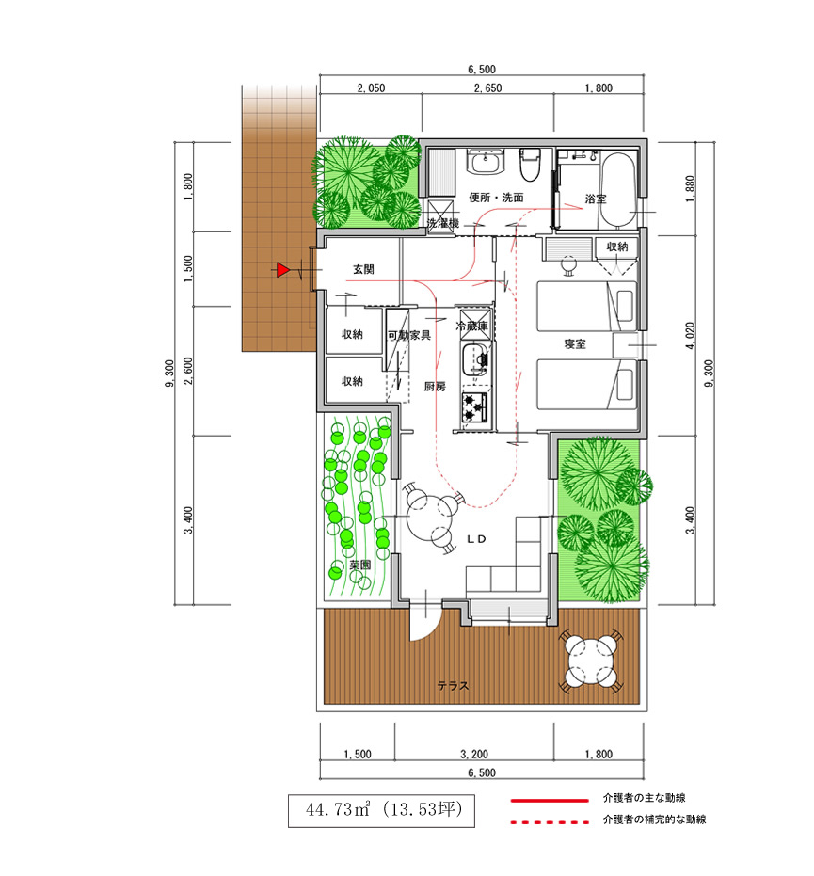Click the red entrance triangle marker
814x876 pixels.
(282, 270)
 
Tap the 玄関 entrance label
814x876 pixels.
(363, 269)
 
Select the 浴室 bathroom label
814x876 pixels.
(596, 199)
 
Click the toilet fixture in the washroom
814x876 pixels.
(530, 165)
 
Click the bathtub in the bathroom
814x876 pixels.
(617, 189)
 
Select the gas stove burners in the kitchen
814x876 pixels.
(474, 407)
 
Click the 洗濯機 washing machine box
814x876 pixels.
(442, 221)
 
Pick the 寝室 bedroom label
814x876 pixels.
(575, 344)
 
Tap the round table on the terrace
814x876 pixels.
(592, 661)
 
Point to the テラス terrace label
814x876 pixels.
(453, 686)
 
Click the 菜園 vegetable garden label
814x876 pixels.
(360, 565)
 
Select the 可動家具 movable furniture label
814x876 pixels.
(409, 336)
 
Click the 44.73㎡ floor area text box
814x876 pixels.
(381, 810)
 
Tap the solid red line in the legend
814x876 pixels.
(550, 801)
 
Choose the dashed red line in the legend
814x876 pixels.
(550, 821)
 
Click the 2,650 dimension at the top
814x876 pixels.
(487, 88)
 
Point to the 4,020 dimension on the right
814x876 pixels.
(691, 335)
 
